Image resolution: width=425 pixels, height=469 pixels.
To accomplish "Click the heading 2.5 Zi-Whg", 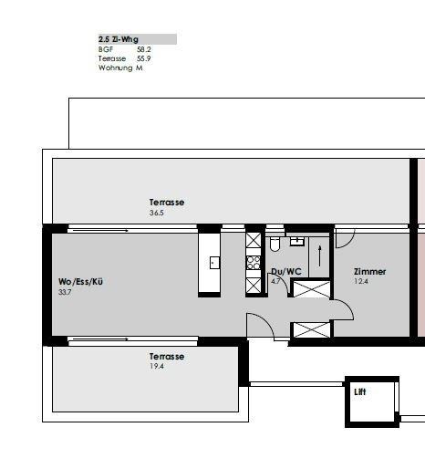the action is click(x=119, y=39).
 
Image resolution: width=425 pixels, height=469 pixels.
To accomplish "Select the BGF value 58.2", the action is click(x=144, y=49).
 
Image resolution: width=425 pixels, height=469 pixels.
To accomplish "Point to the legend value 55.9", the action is click(x=144, y=58).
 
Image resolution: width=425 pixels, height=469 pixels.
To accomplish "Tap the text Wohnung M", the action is click(x=120, y=68).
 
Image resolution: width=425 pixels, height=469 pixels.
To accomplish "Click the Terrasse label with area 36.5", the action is click(x=167, y=203).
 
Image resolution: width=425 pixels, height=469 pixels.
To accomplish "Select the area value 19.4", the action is click(x=157, y=366).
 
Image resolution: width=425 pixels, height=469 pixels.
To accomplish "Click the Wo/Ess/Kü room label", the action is click(x=80, y=282).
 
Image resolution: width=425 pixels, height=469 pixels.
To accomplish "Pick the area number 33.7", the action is click(x=65, y=292).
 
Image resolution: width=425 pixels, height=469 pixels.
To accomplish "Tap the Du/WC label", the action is click(x=286, y=271).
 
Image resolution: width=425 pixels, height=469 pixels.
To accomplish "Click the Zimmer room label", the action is click(x=369, y=272).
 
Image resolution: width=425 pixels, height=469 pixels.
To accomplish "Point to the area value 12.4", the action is click(x=361, y=281).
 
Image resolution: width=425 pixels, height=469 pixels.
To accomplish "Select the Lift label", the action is click(x=360, y=391).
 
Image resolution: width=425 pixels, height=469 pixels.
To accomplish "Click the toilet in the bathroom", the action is click(x=275, y=245).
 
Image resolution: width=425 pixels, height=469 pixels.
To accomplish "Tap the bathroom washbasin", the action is click(x=297, y=241).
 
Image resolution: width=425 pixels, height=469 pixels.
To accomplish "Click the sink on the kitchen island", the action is click(x=214, y=263).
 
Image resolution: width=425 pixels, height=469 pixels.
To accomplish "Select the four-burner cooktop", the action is click(x=254, y=263).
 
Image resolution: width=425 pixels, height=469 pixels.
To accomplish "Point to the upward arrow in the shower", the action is click(x=319, y=256).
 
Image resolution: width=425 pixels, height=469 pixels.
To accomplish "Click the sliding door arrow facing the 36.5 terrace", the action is click(x=100, y=231).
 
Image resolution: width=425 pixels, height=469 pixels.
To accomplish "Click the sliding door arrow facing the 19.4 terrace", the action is click(x=100, y=339).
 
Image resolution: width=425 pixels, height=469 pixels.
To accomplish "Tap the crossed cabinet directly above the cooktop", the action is click(x=254, y=240).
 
